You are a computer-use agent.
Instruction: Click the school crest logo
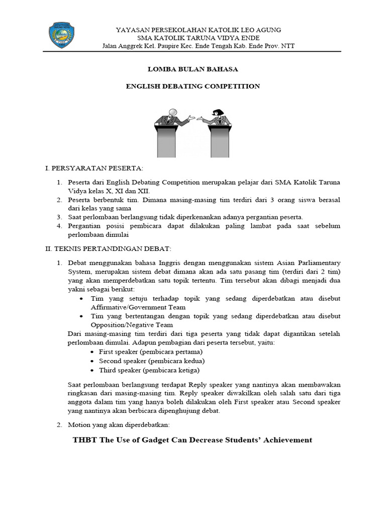63,35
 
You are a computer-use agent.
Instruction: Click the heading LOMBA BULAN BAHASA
192,69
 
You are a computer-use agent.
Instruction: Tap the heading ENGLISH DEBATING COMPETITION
192,86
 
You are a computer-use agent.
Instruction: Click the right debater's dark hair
219,112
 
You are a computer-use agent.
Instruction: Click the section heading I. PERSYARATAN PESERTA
94,167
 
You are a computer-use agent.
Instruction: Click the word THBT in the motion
86,440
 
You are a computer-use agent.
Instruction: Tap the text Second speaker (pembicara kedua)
152,361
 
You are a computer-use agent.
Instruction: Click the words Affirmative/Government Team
138,307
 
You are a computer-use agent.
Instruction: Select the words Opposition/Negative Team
132,325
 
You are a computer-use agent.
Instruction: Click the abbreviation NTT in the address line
288,46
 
